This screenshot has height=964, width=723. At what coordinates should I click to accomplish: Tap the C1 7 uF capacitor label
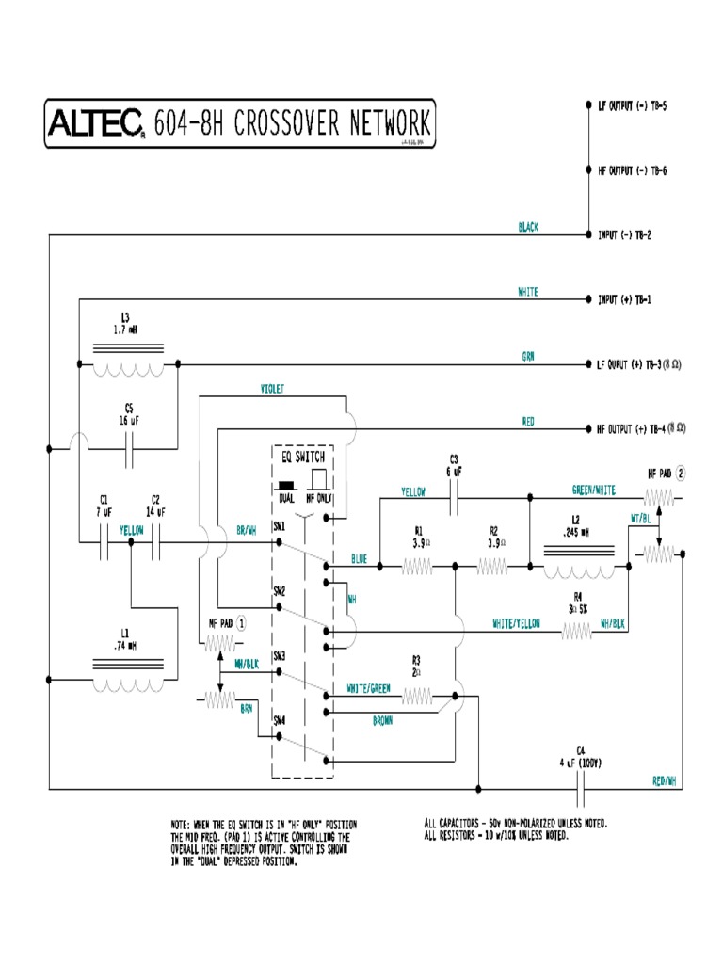point(104,506)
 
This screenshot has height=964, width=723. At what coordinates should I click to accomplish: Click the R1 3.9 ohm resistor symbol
point(418,566)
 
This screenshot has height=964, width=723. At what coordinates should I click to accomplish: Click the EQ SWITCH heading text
point(303,456)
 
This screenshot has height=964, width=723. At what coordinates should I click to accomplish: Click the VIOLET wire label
point(272,388)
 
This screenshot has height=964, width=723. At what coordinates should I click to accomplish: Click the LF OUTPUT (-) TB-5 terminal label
point(633,106)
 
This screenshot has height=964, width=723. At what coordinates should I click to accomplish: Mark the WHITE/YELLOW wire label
point(516,624)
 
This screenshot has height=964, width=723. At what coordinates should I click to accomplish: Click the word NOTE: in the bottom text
point(183,824)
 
